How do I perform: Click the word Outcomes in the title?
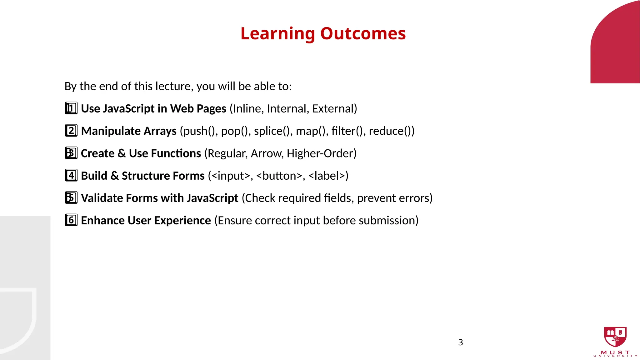363,33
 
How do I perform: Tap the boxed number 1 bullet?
71,108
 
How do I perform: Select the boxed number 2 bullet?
71,131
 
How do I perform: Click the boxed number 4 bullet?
71,176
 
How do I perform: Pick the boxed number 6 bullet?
71,220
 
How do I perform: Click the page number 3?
460,342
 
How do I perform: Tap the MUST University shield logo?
615,337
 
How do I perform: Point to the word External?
332,109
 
